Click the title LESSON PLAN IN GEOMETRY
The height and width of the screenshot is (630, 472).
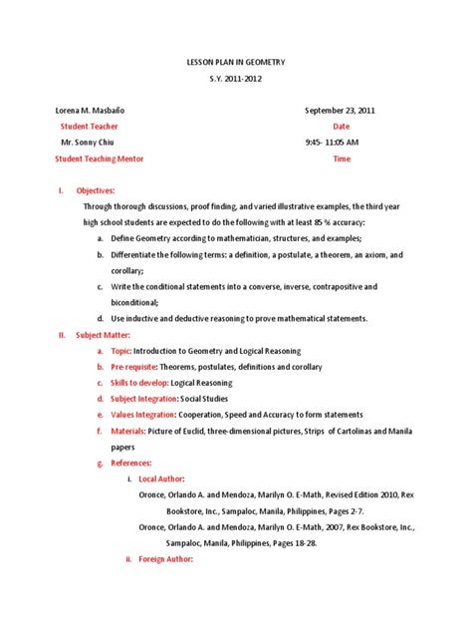pos(235,62)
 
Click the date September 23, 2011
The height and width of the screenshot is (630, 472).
pos(341,111)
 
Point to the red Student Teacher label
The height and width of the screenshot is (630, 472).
pos(89,127)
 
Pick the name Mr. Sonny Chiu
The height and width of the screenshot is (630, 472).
pos(89,143)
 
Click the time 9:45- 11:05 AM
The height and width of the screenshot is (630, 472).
pos(332,143)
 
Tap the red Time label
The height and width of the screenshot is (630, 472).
pos(342,158)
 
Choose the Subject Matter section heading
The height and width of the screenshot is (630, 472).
pos(103,335)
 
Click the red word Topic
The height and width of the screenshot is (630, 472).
pos(120,351)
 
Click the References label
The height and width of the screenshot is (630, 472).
pos(132,463)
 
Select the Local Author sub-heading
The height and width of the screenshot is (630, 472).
pos(163,478)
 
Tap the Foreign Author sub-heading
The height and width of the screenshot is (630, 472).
pos(168,559)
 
